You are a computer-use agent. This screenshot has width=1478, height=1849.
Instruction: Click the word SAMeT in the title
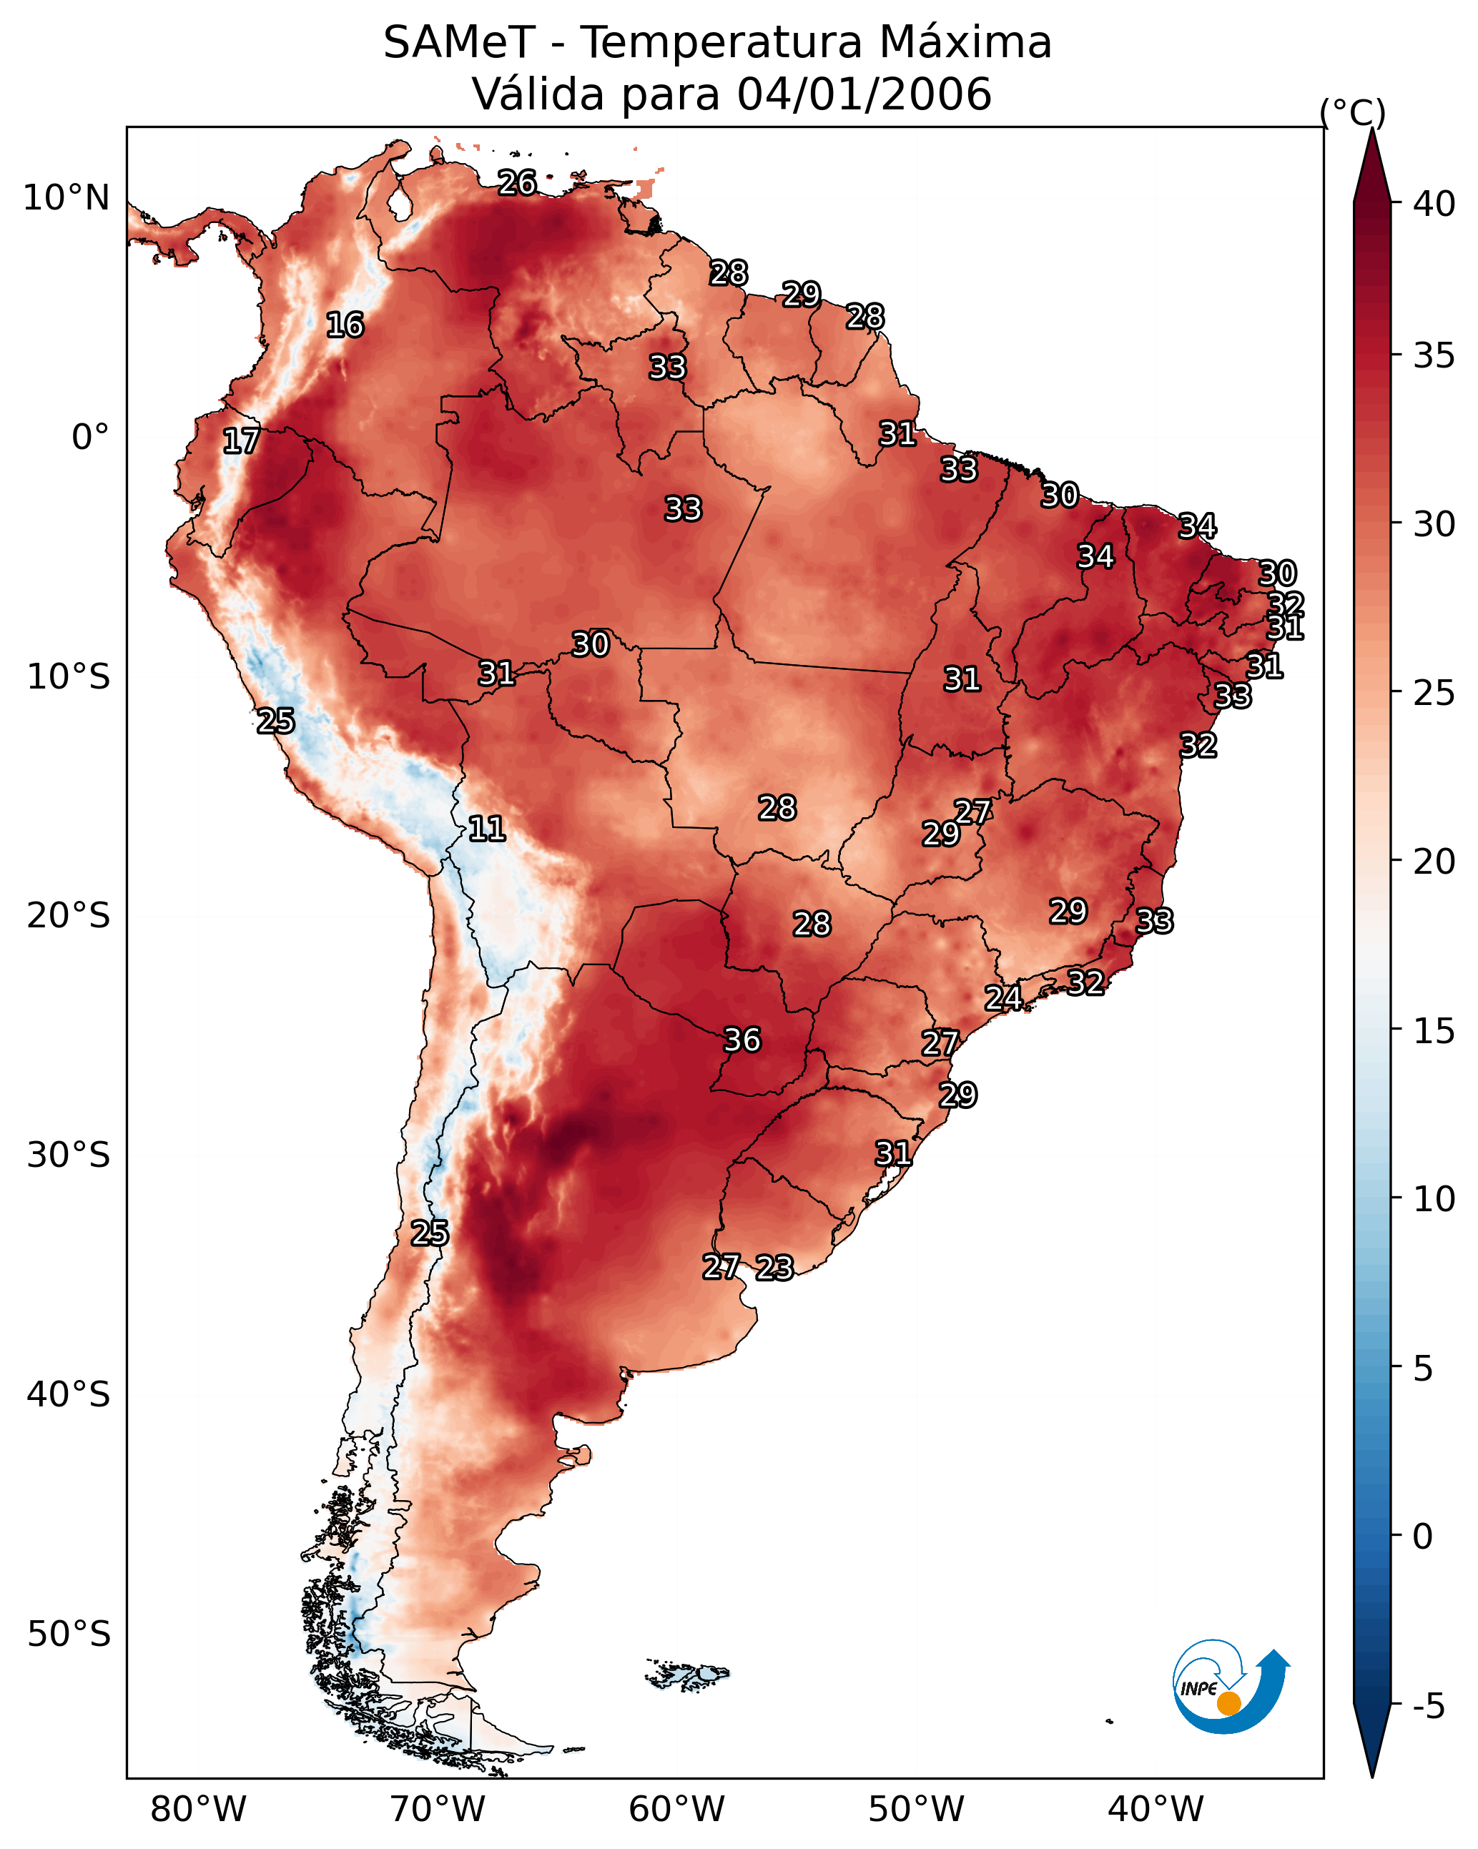click(x=459, y=43)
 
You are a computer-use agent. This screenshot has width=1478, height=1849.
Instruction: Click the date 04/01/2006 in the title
click(x=864, y=94)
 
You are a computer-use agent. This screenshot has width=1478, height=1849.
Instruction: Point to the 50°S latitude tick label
click(x=69, y=1634)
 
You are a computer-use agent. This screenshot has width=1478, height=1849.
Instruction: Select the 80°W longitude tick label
click(x=198, y=1809)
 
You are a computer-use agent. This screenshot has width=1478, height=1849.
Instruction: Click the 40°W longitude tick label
click(x=1156, y=1809)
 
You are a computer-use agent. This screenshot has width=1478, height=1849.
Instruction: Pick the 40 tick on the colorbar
click(x=1434, y=204)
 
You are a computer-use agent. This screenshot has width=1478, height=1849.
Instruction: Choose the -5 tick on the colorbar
click(x=1428, y=1706)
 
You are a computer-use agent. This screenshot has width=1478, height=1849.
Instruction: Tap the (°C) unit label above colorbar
click(x=1353, y=112)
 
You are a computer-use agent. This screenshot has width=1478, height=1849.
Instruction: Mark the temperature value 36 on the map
click(x=743, y=1040)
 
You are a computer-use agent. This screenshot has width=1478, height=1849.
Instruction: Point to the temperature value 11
click(x=486, y=829)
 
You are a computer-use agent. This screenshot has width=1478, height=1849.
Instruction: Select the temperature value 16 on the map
click(x=345, y=325)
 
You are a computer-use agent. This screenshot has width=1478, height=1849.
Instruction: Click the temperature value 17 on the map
click(x=241, y=441)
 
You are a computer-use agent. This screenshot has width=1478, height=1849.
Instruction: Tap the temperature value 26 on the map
click(x=517, y=182)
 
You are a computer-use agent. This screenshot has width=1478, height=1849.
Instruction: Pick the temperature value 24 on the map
click(x=1002, y=998)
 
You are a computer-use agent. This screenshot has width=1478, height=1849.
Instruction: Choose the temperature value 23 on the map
click(x=774, y=1268)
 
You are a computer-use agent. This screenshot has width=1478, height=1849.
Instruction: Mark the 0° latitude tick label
click(x=90, y=438)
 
